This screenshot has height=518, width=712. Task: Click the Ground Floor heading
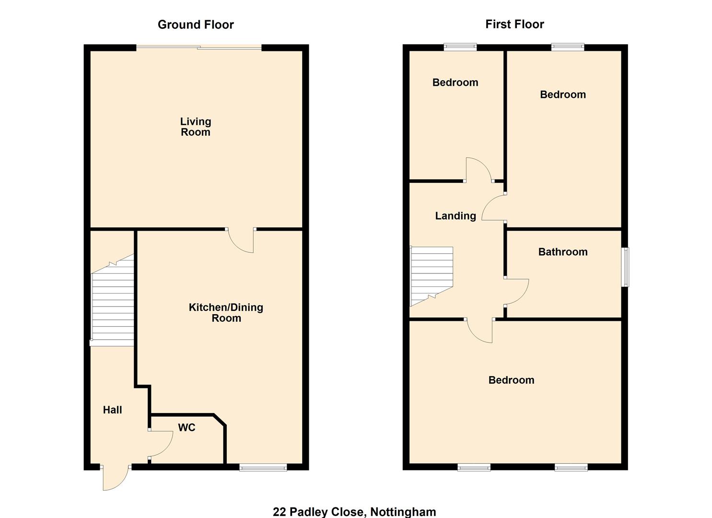[196, 25]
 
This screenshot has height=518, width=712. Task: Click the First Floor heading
[514, 24]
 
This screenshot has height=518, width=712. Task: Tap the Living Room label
[196, 127]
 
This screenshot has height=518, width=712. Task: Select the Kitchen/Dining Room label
[226, 313]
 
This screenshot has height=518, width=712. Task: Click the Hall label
[113, 410]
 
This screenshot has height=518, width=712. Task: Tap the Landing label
[455, 216]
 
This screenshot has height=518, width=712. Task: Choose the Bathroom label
[563, 252]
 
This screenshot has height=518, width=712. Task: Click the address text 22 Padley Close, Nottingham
[354, 512]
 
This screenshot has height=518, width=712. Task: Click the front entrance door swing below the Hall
[114, 477]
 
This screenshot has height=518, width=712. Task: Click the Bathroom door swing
[516, 292]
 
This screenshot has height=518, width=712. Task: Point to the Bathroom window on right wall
[625, 267]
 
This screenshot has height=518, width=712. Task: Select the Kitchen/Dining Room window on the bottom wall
[263, 467]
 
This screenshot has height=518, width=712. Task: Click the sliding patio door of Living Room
[199, 47]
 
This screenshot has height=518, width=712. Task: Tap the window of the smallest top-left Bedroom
[460, 47]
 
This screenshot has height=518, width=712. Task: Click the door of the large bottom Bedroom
[480, 331]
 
